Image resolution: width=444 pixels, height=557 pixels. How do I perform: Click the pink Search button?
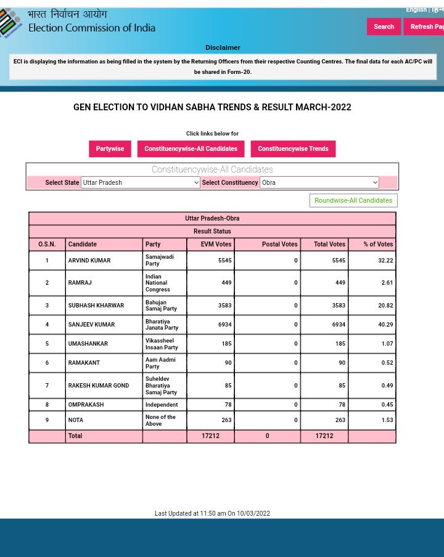[384, 26]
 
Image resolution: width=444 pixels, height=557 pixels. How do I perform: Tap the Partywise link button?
[110, 148]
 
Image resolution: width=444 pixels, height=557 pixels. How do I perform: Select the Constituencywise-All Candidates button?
[191, 148]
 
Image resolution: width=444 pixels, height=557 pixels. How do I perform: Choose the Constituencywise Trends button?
[293, 148]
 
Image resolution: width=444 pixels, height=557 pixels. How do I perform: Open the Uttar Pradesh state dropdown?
[141, 182]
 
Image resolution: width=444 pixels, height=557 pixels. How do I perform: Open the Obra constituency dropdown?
[319, 182]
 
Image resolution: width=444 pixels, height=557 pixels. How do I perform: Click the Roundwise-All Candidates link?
[353, 200]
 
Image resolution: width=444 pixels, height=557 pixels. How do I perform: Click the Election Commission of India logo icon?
[11, 23]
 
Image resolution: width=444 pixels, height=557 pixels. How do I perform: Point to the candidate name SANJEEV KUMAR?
[91, 324]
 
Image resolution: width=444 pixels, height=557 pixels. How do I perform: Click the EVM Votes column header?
[216, 244]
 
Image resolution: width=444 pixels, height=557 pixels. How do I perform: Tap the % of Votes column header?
[377, 244]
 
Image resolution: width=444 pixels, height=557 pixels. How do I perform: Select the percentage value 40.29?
[385, 324]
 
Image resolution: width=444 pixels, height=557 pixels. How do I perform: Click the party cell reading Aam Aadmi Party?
[160, 363]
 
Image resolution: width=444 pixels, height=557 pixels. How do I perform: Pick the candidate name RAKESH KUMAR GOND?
[99, 385]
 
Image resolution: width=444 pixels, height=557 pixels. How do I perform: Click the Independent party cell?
[162, 404]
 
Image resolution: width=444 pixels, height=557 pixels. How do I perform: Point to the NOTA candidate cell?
[76, 420]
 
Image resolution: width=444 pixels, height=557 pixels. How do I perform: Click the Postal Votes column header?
[279, 244]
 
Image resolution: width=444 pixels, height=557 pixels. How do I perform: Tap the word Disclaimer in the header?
[223, 47]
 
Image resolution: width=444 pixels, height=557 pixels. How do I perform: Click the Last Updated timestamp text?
[212, 513]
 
